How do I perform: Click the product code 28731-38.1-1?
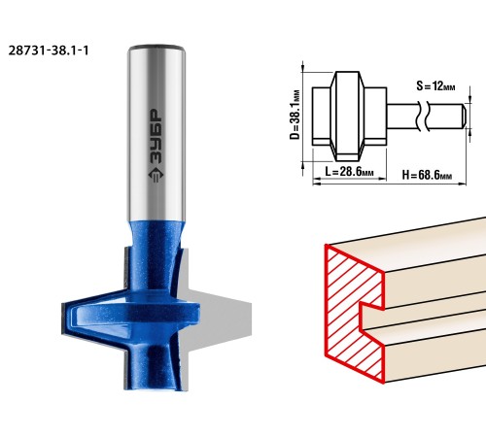(49, 50)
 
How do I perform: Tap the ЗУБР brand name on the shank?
(156, 136)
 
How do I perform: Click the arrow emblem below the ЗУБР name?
(156, 175)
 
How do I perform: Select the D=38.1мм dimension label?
(295, 115)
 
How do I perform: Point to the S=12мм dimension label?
(435, 85)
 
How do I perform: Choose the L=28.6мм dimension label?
(349, 171)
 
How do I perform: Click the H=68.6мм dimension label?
(427, 175)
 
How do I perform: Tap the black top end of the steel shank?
(156, 47)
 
